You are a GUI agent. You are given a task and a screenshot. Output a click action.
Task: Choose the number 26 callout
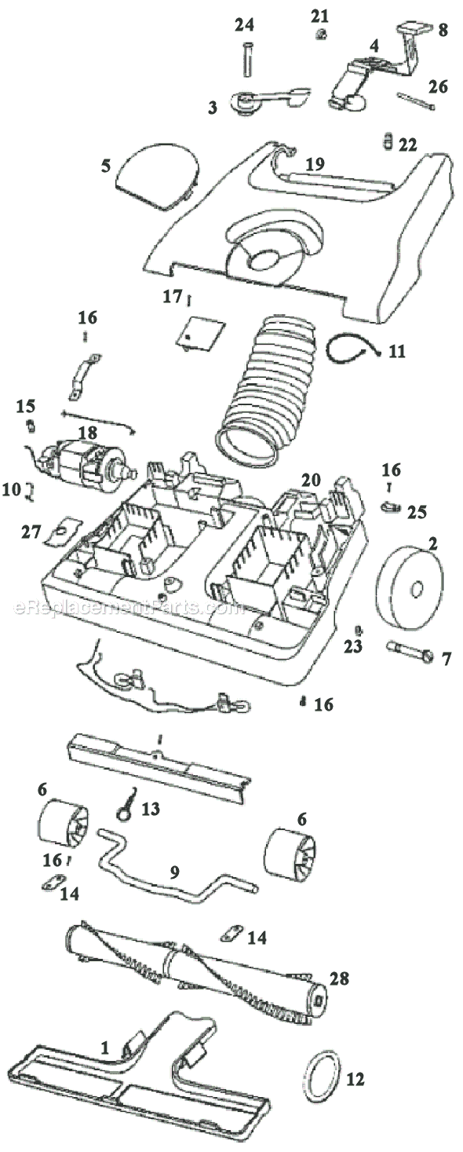click(x=439, y=86)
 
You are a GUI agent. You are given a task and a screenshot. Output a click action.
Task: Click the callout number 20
click(x=311, y=481)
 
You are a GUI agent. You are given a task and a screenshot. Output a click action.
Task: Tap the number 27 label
click(x=31, y=532)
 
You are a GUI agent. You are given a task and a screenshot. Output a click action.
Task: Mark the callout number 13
click(x=151, y=809)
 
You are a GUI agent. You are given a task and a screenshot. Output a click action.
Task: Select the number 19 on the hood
click(x=315, y=164)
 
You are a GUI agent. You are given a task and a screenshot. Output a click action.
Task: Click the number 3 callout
click(x=213, y=108)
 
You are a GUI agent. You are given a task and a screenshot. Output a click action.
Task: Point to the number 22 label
click(x=408, y=144)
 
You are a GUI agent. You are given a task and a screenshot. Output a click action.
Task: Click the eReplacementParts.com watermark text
click(x=129, y=609)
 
